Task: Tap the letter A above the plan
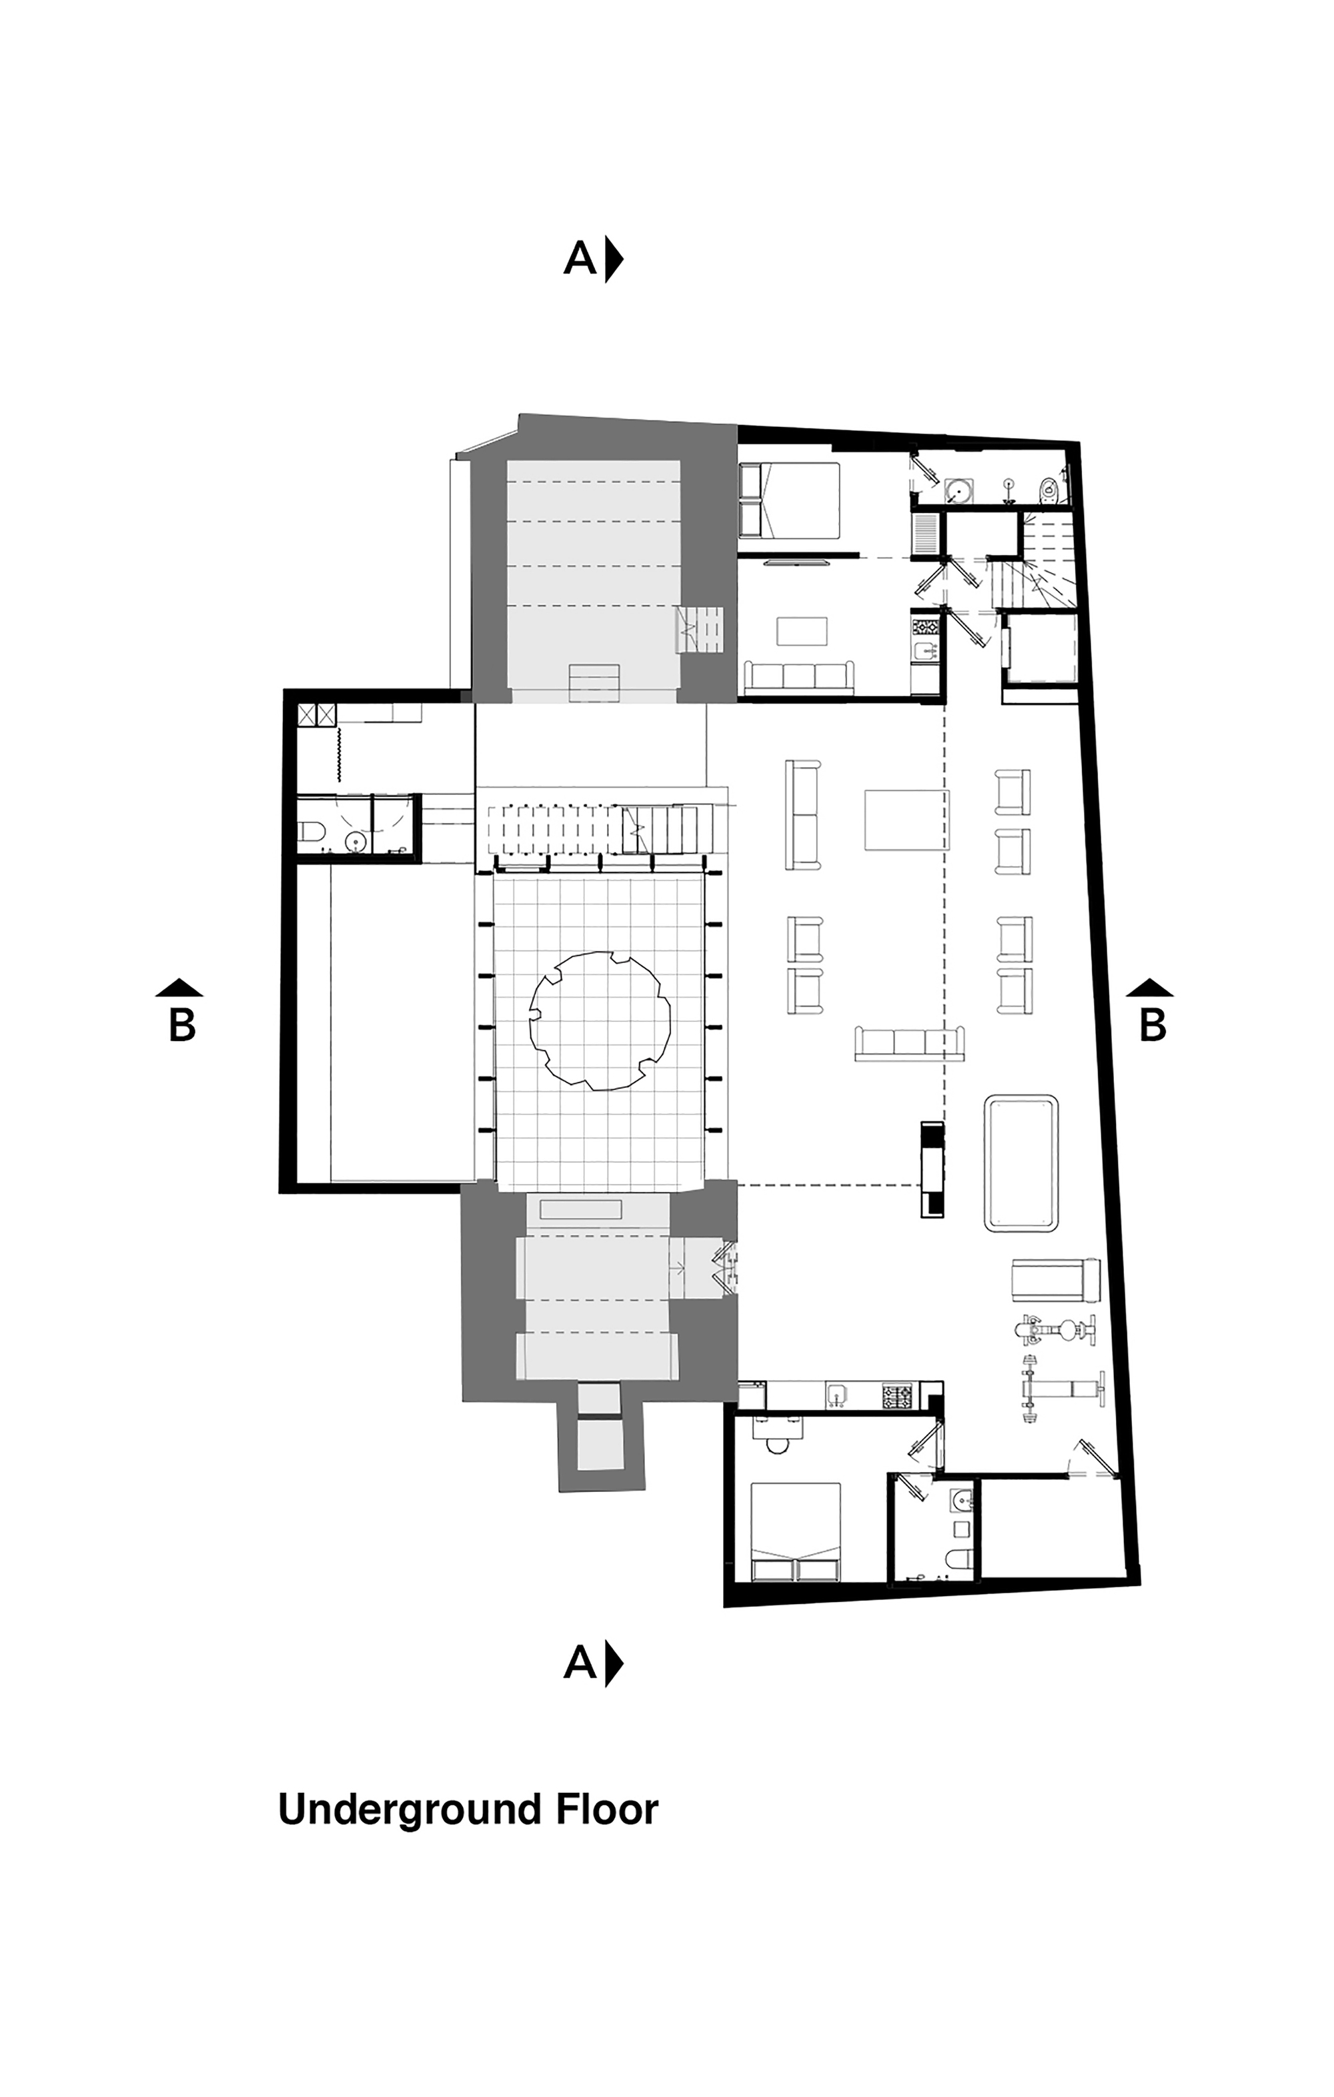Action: (580, 259)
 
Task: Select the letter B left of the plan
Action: (182, 1025)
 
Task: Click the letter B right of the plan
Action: (1152, 1025)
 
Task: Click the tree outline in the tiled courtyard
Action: (600, 1020)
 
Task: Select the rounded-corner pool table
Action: (1021, 1162)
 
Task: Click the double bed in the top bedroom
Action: (790, 499)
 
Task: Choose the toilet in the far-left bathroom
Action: (311, 834)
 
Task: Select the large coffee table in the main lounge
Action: (906, 820)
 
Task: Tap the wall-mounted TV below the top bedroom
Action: (796, 564)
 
